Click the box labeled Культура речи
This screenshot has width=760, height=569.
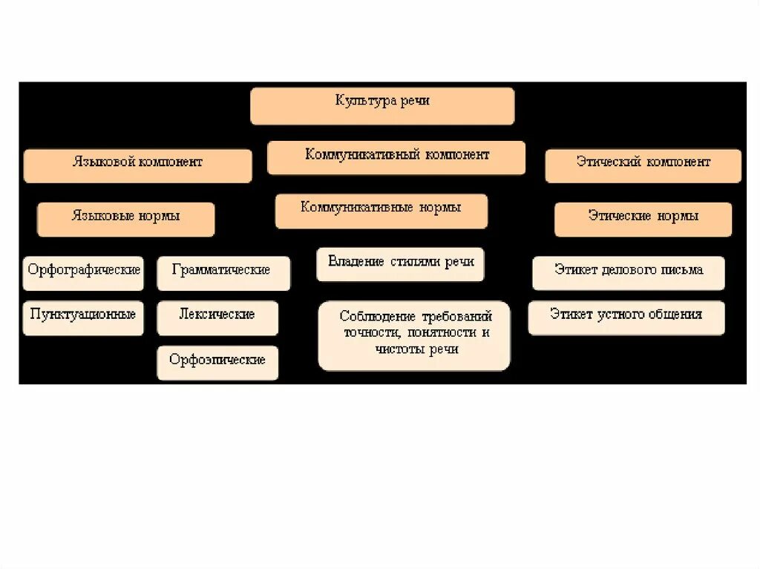(382, 105)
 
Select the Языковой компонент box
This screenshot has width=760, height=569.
(137, 165)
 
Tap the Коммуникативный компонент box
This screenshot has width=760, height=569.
(396, 157)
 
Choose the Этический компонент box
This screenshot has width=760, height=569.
(643, 165)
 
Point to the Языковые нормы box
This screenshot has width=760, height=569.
(125, 219)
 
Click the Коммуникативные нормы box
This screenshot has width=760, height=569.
(381, 211)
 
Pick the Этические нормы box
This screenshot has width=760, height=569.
(643, 219)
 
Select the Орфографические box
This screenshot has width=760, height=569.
(83, 272)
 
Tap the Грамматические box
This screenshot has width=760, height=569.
(223, 272)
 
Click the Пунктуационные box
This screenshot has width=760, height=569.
(83, 317)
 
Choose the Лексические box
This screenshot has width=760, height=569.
(217, 317)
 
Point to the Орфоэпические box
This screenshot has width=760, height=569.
(217, 362)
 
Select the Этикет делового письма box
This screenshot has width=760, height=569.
(628, 272)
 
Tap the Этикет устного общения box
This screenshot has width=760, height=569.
(626, 317)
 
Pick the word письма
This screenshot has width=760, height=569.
(684, 269)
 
